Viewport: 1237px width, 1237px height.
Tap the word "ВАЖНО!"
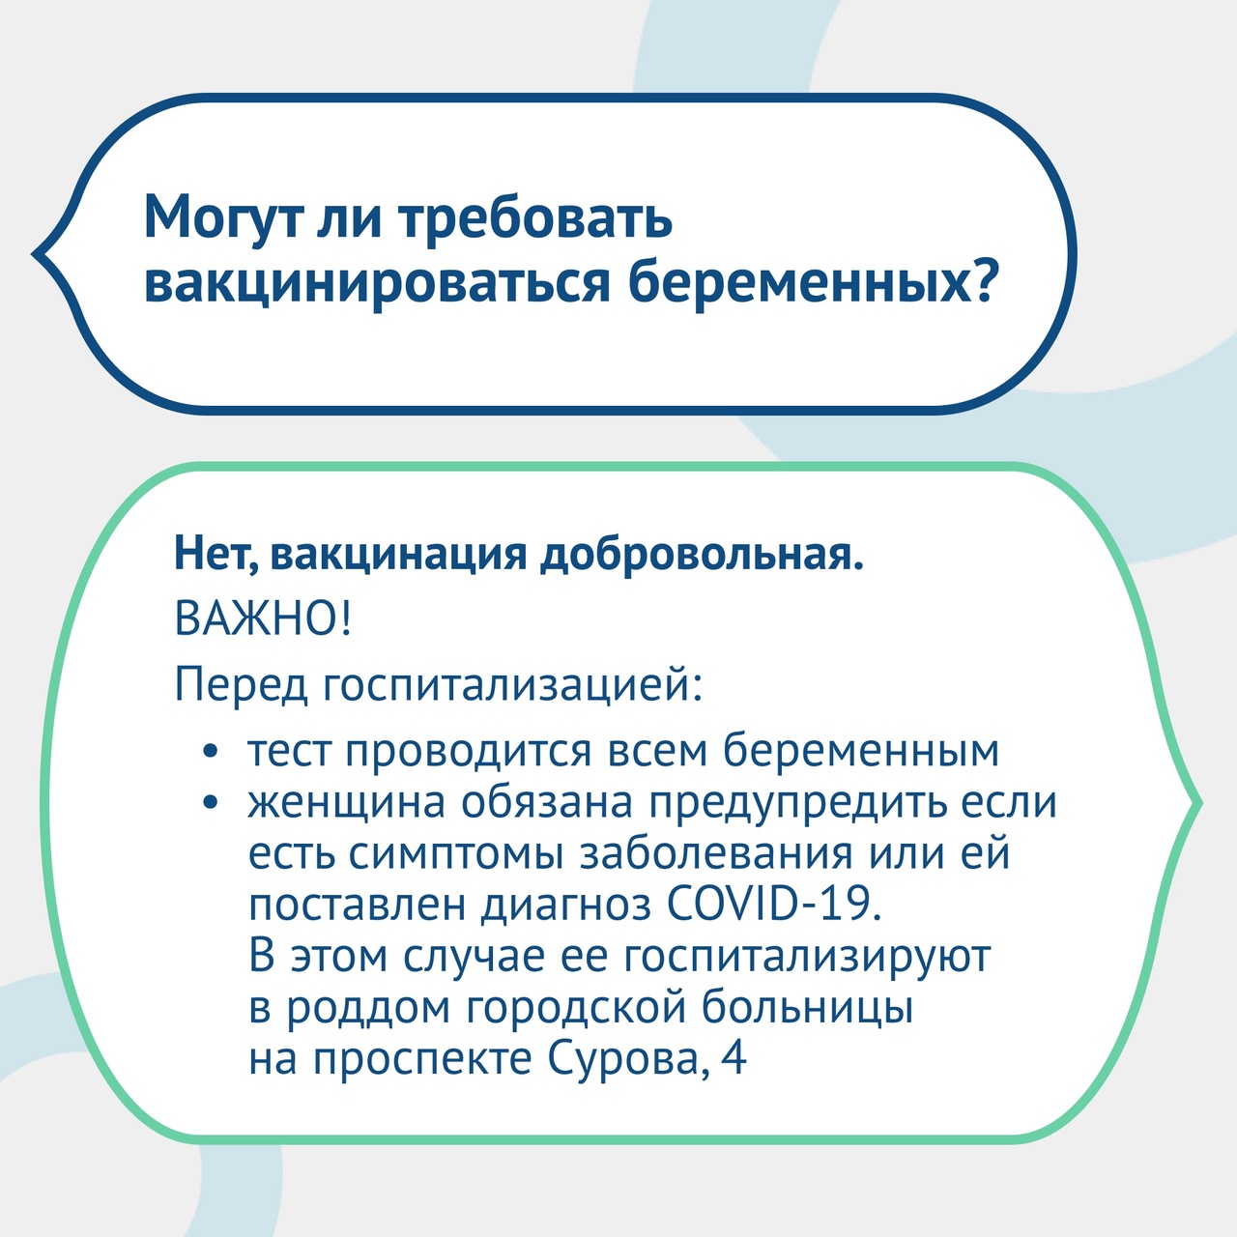(263, 618)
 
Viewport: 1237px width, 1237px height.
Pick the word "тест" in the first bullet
(289, 751)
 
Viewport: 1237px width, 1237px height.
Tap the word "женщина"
(347, 803)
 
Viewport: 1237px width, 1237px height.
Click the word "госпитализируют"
(808, 957)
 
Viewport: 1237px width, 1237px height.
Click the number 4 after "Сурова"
(734, 1058)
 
